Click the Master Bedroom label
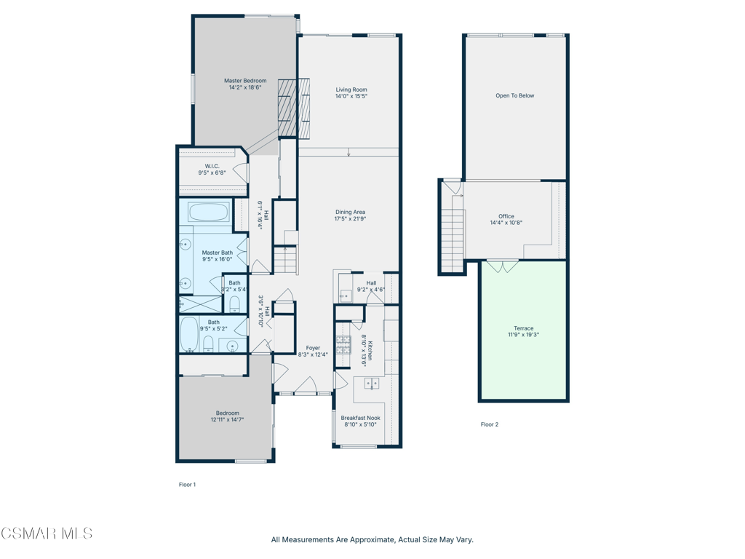point(245,81)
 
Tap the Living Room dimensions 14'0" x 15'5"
point(351,96)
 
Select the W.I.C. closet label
point(212,167)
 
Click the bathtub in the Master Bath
point(208,212)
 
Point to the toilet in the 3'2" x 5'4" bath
point(235,304)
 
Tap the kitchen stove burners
point(343,344)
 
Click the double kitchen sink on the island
point(372,383)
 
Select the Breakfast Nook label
point(361,419)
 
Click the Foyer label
point(313,348)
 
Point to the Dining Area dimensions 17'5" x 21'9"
point(351,219)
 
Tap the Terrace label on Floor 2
point(524,328)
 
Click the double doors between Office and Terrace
point(503,266)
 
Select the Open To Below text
point(515,95)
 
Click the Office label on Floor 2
point(506,216)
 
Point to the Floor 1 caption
point(187,485)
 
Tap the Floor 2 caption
point(490,424)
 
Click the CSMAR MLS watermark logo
point(47,534)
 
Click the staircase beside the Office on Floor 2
point(452,233)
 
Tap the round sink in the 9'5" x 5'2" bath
point(232,344)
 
